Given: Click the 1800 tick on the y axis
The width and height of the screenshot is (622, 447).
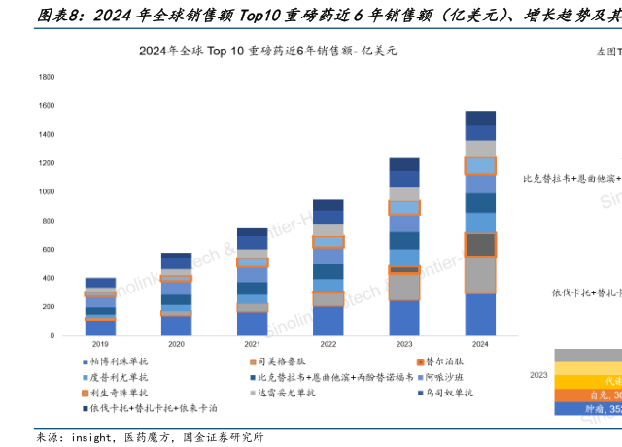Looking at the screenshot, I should pos(46,77).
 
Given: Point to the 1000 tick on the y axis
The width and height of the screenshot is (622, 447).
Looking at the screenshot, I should pos(46,192).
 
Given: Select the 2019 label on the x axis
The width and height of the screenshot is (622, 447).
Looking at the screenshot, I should pos(100,345).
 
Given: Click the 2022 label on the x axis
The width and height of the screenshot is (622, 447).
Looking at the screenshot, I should pos(328,345).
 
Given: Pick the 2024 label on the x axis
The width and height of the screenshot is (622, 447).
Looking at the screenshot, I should pos(480,345).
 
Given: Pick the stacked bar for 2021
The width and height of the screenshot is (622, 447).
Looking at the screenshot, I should pos(252,282).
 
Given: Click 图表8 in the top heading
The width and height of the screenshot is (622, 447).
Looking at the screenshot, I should pos(33,14).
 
